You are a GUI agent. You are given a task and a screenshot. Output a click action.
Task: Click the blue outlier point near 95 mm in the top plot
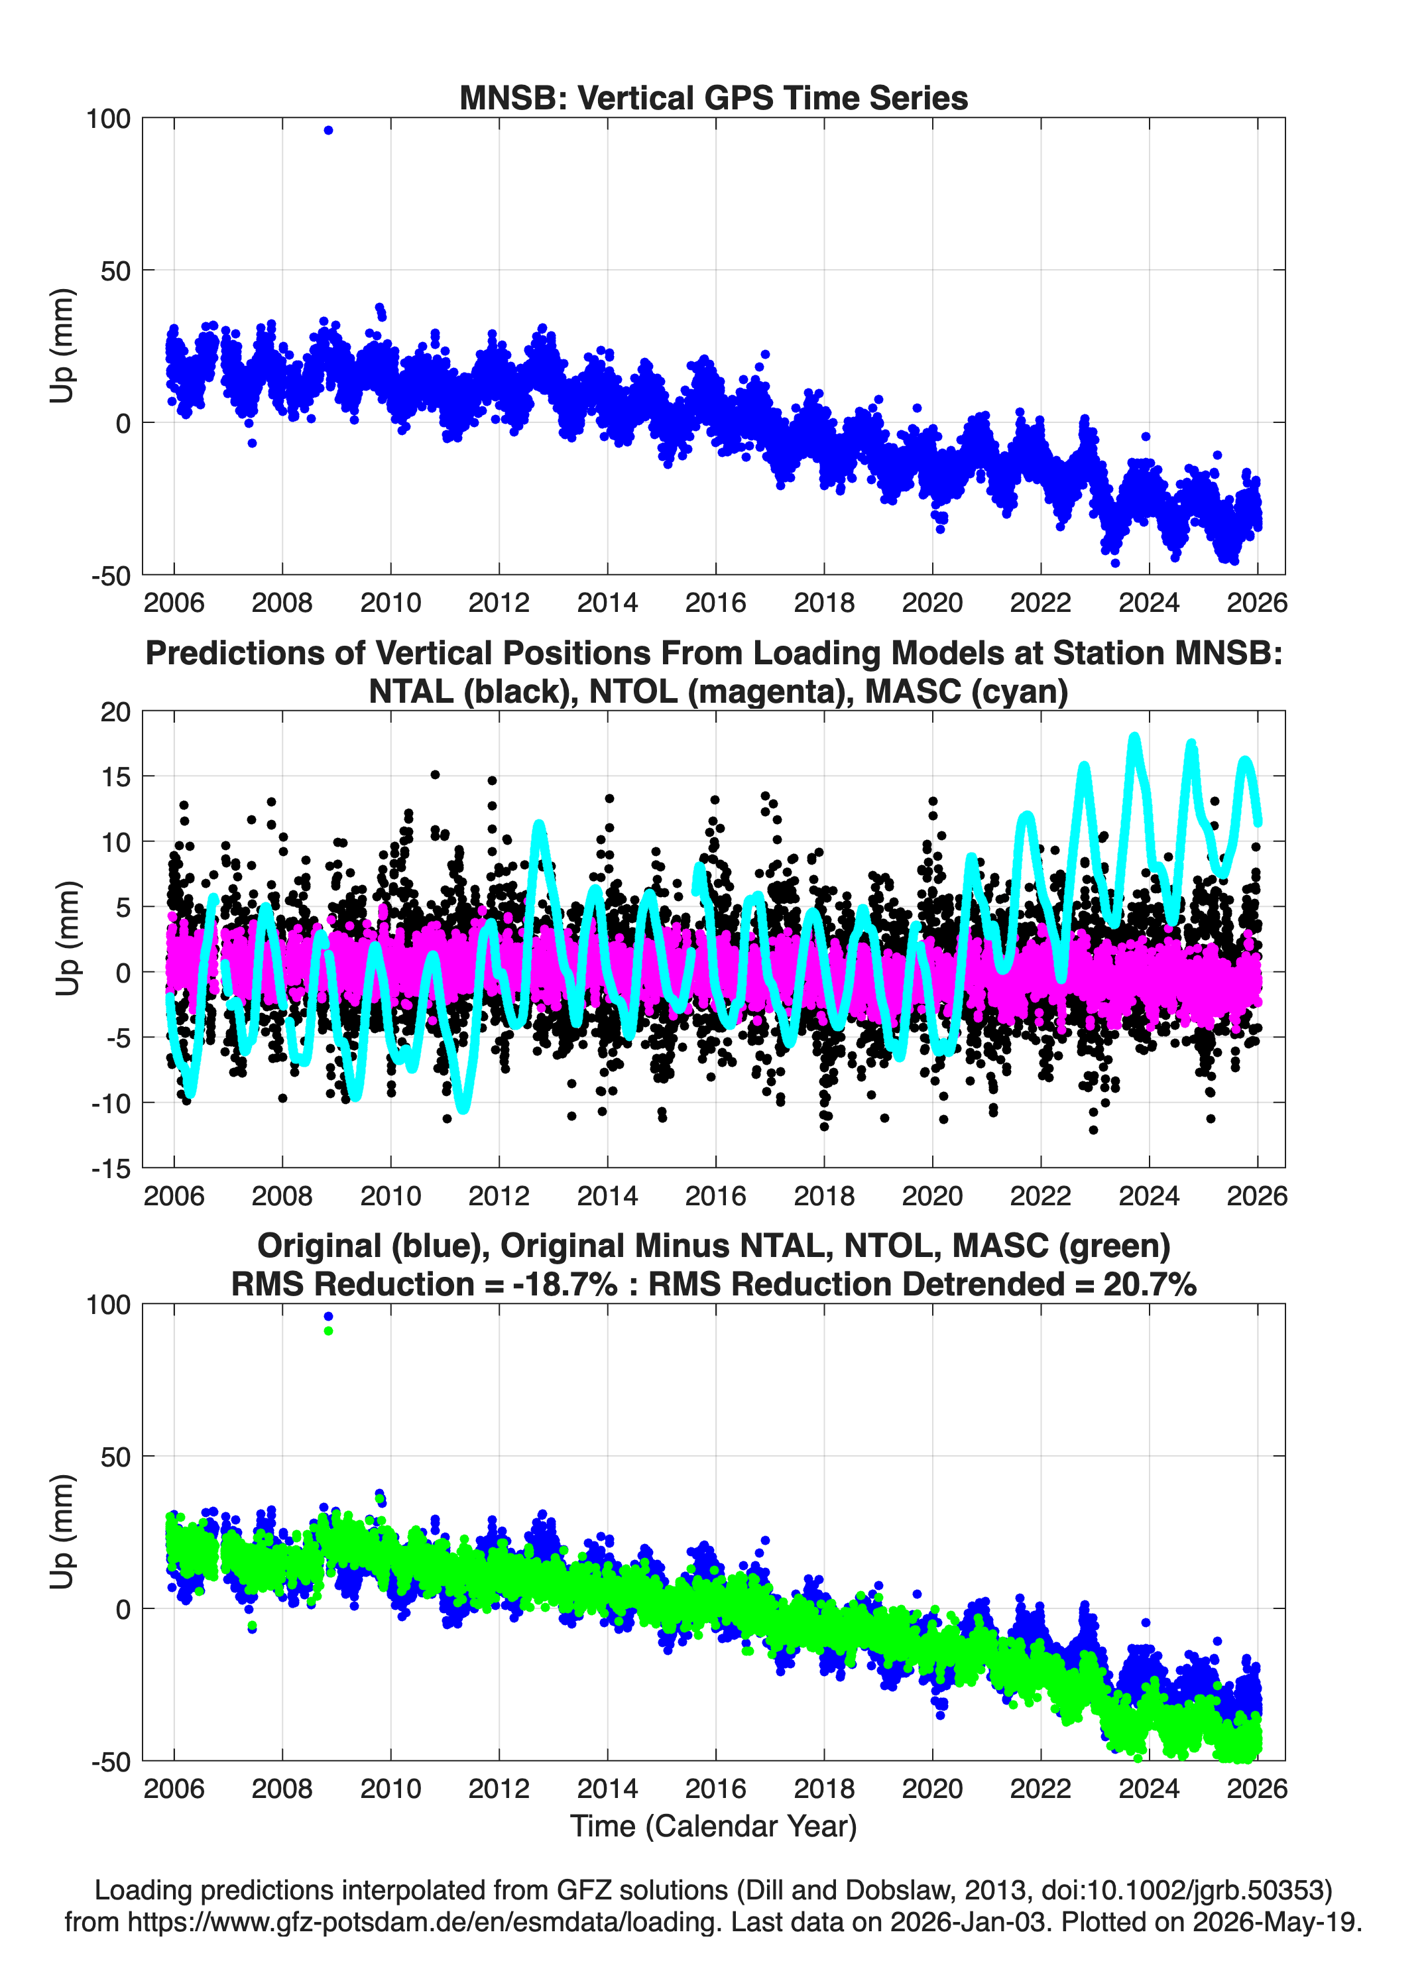click(x=327, y=130)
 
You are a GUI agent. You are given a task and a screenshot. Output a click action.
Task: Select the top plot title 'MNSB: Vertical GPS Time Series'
click(x=713, y=97)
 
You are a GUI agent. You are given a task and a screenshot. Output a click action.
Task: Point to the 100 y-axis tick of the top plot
click(x=107, y=119)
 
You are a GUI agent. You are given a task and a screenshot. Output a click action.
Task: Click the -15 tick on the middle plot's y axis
click(x=111, y=1169)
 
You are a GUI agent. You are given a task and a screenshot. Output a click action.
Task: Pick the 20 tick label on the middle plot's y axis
click(x=115, y=712)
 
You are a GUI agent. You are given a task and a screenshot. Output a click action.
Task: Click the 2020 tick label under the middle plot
click(x=932, y=1196)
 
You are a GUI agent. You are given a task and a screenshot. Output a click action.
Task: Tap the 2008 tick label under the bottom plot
click(x=282, y=1789)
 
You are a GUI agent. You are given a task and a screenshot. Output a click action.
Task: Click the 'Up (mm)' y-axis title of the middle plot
click(x=66, y=939)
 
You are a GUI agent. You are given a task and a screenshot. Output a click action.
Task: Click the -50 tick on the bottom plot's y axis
click(x=111, y=1762)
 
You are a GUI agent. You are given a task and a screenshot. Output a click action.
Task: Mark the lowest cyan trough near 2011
click(x=463, y=1108)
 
